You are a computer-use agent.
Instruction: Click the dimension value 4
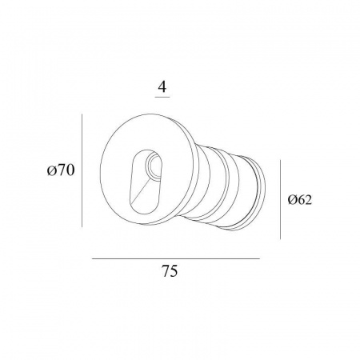coord(162,86)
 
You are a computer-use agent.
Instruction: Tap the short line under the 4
coord(162,97)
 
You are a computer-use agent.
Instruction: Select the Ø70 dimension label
coord(61,170)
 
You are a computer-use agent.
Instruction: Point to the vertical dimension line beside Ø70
coord(82,170)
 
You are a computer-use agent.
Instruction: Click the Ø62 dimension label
coord(300,199)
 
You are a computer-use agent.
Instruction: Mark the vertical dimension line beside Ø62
coord(280,199)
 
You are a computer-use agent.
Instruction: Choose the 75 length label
coord(170,271)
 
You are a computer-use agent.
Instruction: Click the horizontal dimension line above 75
coord(176,258)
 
